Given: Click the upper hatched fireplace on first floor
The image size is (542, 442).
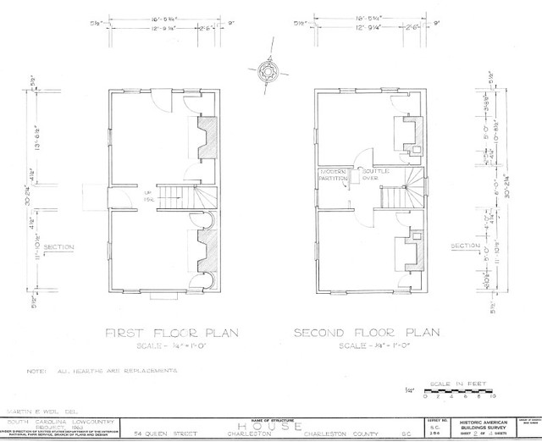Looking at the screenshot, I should coord(206,135).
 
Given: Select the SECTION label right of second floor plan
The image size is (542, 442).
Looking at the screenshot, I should coord(465,247).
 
